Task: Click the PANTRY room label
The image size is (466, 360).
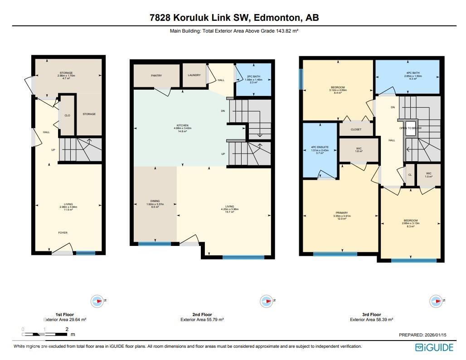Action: click(x=156, y=76)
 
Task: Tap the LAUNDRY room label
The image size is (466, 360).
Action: click(x=194, y=75)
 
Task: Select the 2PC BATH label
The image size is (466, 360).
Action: click(x=254, y=77)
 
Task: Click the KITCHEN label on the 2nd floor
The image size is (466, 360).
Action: click(x=182, y=125)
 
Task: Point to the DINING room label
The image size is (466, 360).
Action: click(x=155, y=201)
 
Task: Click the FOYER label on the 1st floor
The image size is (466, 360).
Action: click(x=63, y=233)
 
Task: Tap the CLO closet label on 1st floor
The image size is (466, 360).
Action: click(x=67, y=115)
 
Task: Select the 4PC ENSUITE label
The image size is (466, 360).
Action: click(x=320, y=147)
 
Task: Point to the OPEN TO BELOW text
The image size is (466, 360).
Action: click(x=410, y=128)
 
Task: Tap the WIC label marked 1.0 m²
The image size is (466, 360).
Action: click(x=428, y=173)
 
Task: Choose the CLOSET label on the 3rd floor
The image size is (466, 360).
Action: click(x=356, y=130)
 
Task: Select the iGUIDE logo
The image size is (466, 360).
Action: click(x=434, y=347)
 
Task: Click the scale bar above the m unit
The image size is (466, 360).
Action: click(x=44, y=334)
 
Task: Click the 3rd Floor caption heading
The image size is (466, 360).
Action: click(x=371, y=314)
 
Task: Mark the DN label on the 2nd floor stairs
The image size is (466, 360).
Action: click(x=223, y=110)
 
